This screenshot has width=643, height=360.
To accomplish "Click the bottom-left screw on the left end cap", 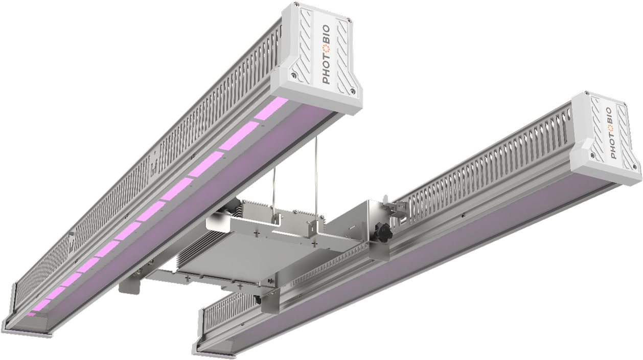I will [294, 75].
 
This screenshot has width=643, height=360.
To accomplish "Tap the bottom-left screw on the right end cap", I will [592, 153].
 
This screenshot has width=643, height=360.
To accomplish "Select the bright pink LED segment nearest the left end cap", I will [271, 108].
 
